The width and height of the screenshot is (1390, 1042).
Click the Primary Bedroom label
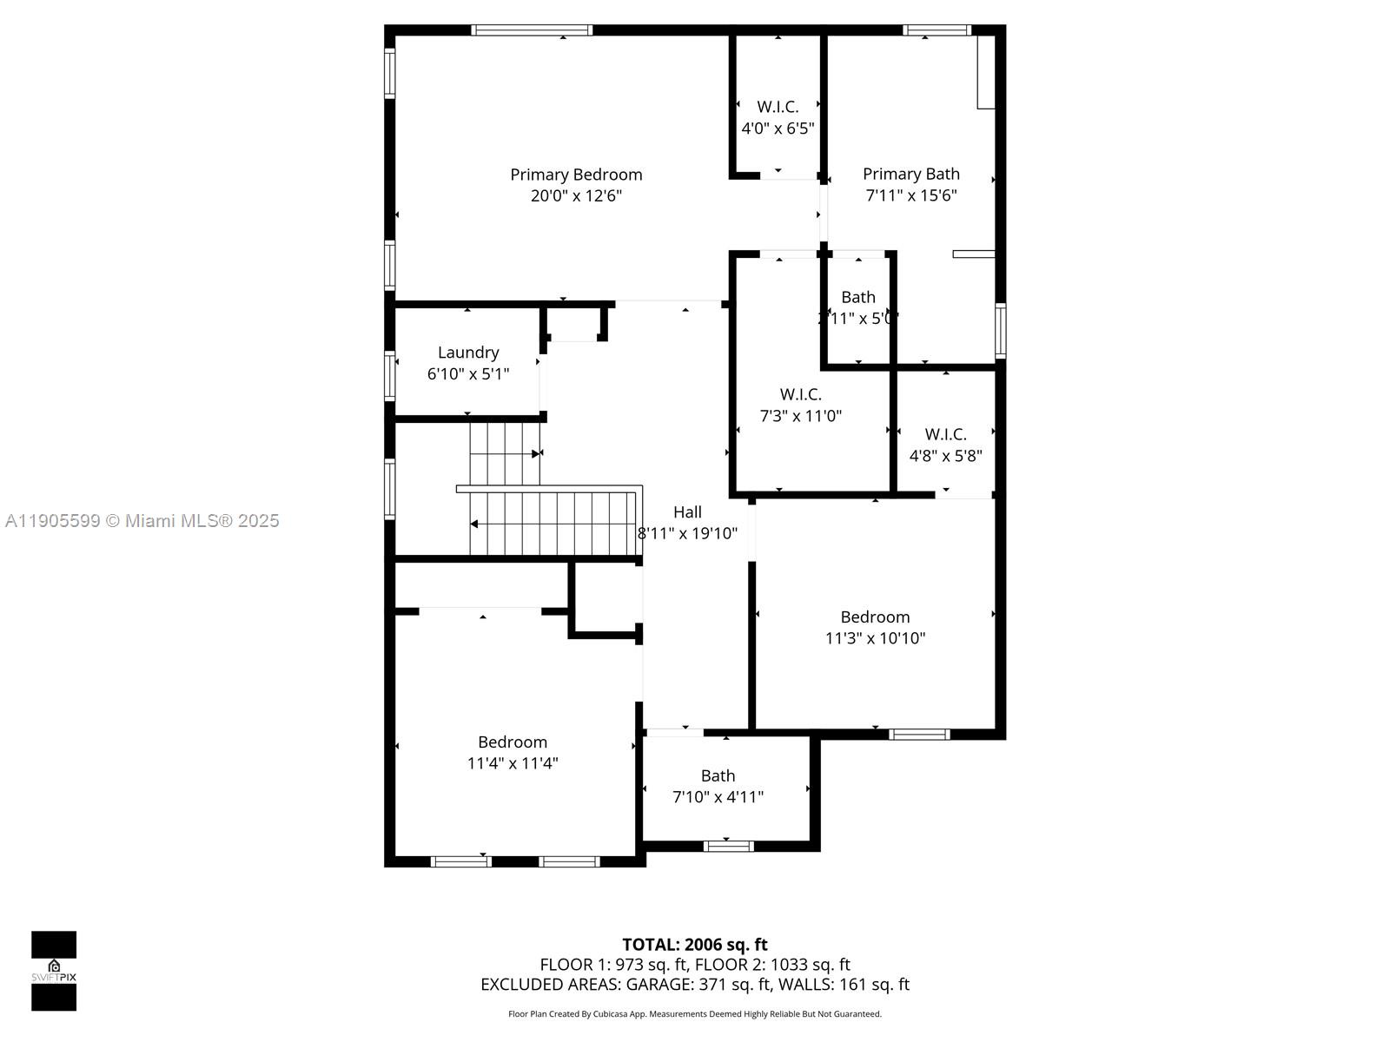(x=576, y=175)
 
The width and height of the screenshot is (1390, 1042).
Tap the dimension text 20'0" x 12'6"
(x=576, y=196)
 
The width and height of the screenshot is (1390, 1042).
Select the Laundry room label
(x=468, y=353)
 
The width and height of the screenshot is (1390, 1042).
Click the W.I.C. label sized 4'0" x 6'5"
(x=778, y=107)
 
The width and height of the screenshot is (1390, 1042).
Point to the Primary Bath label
(x=910, y=175)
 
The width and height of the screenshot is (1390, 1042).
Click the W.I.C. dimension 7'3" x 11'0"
(x=800, y=416)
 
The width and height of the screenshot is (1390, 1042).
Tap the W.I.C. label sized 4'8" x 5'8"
(x=945, y=434)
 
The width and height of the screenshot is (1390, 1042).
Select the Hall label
(x=687, y=512)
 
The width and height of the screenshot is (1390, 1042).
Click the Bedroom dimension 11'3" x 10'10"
(x=875, y=638)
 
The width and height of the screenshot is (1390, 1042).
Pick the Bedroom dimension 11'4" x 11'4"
(x=513, y=763)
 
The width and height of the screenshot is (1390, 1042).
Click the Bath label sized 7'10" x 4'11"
(x=718, y=775)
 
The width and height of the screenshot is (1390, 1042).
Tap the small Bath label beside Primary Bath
(x=857, y=298)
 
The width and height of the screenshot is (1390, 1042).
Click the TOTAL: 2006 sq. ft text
(x=695, y=945)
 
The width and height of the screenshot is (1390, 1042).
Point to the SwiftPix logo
(x=54, y=971)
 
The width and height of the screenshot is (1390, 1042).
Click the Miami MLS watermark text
(x=142, y=521)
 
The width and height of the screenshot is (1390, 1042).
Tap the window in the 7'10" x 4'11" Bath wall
(x=728, y=845)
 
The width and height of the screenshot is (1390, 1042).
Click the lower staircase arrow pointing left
(x=474, y=524)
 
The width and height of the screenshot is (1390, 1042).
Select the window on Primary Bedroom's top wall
(x=532, y=30)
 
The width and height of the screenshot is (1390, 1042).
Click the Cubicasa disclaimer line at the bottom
(x=695, y=1014)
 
